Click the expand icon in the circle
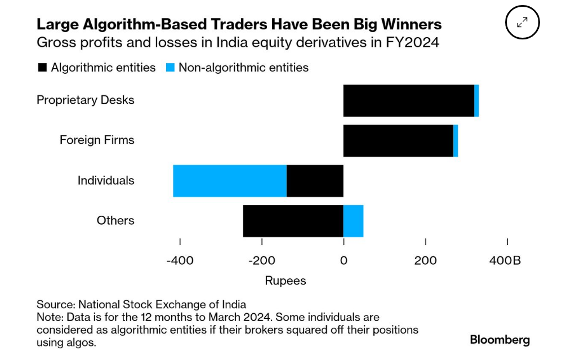(x=522, y=23)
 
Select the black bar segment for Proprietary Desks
(x=408, y=101)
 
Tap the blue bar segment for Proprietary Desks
(x=476, y=101)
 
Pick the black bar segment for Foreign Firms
(x=398, y=141)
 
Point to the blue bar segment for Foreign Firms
(x=456, y=141)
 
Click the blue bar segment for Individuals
(x=230, y=181)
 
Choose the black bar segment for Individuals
(x=315, y=181)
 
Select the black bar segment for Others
(x=293, y=221)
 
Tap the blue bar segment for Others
(x=353, y=221)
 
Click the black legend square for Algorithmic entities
(x=42, y=68)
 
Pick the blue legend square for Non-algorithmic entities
(x=170, y=68)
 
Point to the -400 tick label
(x=180, y=260)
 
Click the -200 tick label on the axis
(x=262, y=260)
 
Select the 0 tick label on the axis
(x=344, y=260)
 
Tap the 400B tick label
(x=505, y=260)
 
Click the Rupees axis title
(x=286, y=281)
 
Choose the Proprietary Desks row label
(x=86, y=100)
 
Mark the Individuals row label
(x=106, y=180)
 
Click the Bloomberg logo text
(x=500, y=340)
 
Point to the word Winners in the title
(x=410, y=24)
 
